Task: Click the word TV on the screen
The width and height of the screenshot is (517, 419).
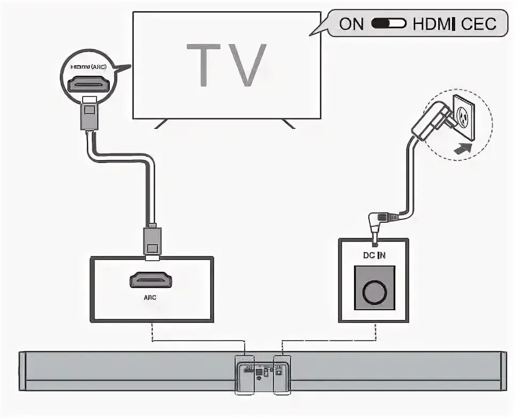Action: pos(226,66)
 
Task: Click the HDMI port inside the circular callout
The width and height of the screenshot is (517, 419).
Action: pos(89,84)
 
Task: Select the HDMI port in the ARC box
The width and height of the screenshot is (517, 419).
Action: pos(152,279)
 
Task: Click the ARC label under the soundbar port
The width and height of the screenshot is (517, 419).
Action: pos(152,300)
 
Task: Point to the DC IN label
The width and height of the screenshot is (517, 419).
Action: pos(375,255)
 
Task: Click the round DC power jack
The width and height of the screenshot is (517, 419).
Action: pos(375,291)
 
